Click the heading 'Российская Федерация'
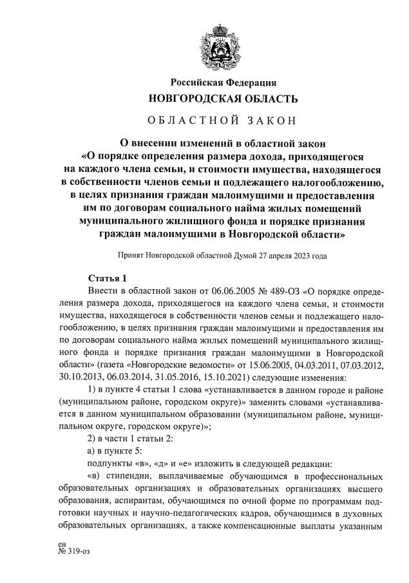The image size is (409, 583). (x=223, y=83)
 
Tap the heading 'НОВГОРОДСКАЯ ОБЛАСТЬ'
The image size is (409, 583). (x=223, y=99)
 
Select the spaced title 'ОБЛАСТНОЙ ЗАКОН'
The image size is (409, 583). (x=223, y=120)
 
